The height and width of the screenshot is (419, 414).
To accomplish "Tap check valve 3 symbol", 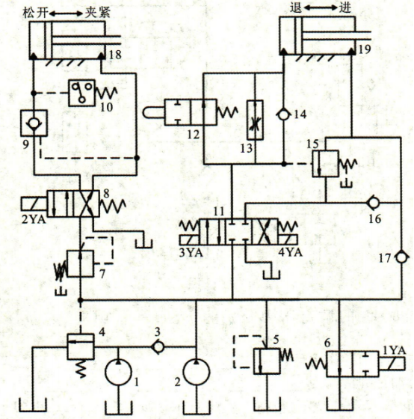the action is [158, 347].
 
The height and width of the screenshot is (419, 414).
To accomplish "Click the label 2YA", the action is [34, 220].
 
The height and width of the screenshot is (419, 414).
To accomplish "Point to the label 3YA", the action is [191, 252].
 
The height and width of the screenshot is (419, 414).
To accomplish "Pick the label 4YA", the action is [291, 252].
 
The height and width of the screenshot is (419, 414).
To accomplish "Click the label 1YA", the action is [395, 350].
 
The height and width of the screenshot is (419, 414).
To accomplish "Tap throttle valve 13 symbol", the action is [255, 120].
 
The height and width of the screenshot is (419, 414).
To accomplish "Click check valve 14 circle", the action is [283, 114].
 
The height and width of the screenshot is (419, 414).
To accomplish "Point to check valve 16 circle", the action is [374, 203].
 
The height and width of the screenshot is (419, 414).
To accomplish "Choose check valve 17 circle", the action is [401, 257].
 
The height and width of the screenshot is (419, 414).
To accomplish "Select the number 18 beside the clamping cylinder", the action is [115, 55].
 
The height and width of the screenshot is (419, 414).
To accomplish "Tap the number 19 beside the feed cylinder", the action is [365, 49].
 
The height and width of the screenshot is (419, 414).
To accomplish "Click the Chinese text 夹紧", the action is [97, 13].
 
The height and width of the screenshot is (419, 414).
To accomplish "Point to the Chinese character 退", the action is [296, 7].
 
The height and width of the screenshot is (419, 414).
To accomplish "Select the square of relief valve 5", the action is [266, 361].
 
